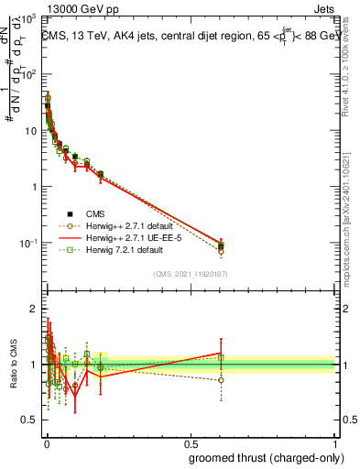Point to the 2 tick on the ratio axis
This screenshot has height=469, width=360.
33,308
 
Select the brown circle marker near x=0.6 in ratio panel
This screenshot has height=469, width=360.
221,379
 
